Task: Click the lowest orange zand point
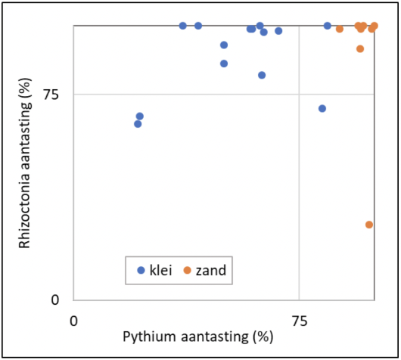[369, 225]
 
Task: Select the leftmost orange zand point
[340, 29]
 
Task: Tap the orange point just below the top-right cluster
[360, 48]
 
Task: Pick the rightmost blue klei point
[328, 26]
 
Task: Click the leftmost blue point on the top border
[183, 26]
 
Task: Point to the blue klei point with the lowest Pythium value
[138, 124]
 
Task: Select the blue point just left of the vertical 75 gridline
[278, 31]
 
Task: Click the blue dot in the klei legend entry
[141, 270]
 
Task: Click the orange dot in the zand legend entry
[188, 270]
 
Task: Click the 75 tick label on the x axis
[299, 320]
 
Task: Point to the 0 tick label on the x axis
[73, 320]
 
